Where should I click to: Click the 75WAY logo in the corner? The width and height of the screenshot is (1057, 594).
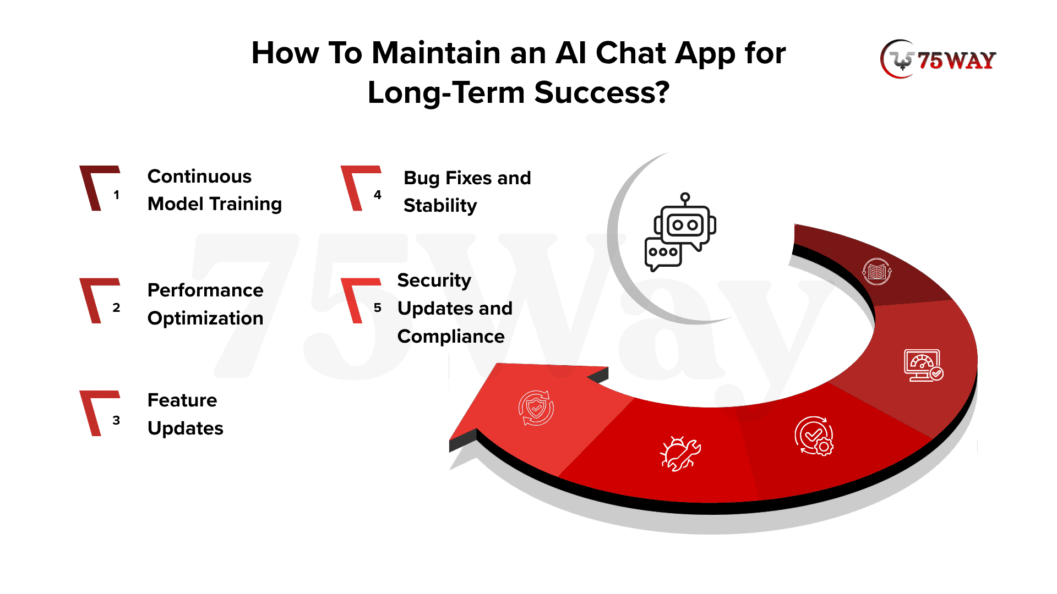click(x=939, y=59)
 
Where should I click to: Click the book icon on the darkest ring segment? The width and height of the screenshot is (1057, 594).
click(x=877, y=271)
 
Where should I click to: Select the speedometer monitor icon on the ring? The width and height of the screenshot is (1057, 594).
click(x=924, y=365)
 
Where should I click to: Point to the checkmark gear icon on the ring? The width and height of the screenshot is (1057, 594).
click(x=814, y=436)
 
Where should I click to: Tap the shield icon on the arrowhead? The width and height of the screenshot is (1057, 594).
click(x=536, y=408)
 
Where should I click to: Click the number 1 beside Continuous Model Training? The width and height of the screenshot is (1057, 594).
click(x=116, y=195)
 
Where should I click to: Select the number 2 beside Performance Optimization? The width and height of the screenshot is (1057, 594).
click(x=116, y=307)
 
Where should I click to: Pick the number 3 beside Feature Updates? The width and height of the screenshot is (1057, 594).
click(x=116, y=420)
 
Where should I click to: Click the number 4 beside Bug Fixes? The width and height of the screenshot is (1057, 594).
click(x=378, y=195)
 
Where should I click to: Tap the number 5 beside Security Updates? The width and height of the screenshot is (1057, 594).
click(x=378, y=307)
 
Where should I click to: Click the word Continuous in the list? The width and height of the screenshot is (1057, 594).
click(x=199, y=177)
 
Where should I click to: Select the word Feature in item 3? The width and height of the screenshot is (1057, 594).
click(x=182, y=400)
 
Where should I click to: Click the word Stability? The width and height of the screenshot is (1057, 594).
click(x=440, y=206)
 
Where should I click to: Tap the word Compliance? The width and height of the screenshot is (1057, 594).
click(x=451, y=337)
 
